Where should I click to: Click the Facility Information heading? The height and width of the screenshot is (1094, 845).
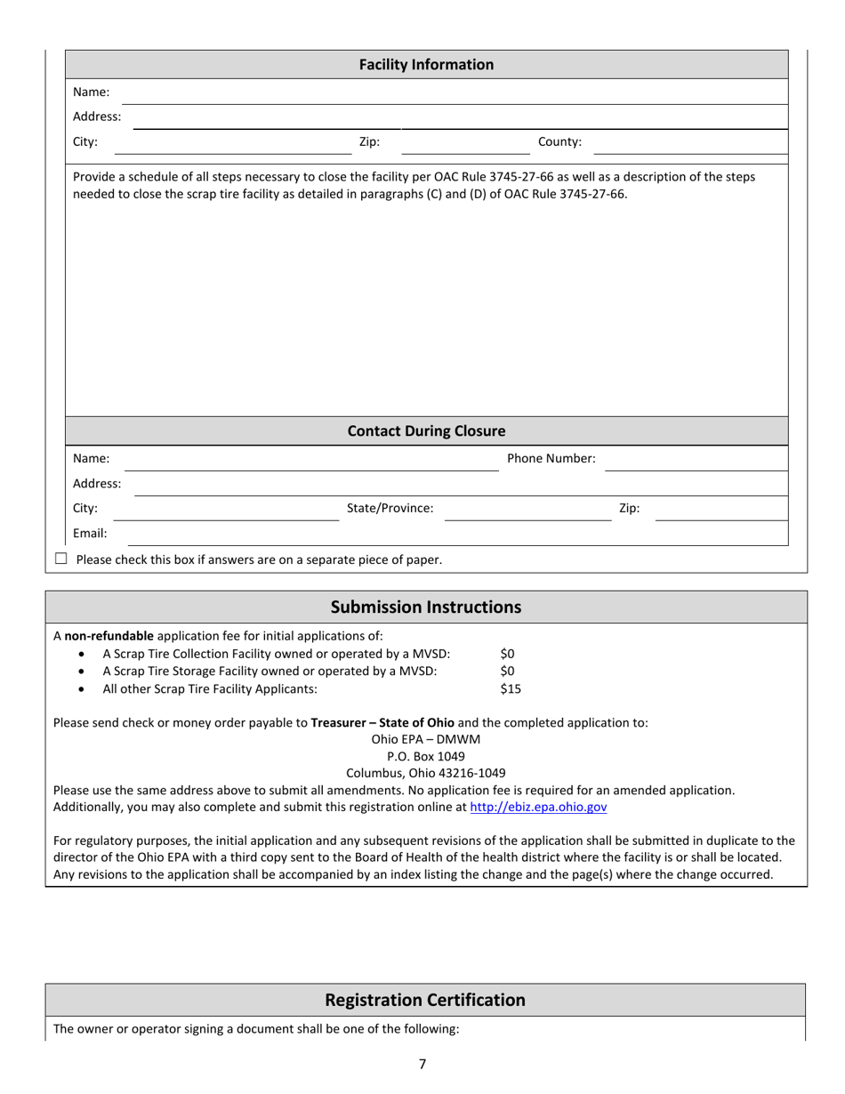426,65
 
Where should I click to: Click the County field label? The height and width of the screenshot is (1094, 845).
559,141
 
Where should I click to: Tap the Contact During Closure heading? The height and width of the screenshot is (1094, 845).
426,431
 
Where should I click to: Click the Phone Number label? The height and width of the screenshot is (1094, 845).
551,459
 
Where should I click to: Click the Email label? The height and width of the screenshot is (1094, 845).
90,534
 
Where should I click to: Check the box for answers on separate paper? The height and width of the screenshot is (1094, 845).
61,559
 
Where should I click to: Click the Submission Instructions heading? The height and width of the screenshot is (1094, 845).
426,607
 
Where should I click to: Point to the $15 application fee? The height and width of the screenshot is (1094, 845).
511,688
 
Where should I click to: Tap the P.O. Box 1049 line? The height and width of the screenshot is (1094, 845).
426,756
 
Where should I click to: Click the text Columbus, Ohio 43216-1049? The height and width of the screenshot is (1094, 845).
426,773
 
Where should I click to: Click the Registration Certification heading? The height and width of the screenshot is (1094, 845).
426,1000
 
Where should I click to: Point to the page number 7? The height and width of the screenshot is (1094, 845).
422,1064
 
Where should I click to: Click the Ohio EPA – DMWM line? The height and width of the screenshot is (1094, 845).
426,739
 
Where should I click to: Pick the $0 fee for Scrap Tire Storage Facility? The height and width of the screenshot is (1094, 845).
508,671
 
